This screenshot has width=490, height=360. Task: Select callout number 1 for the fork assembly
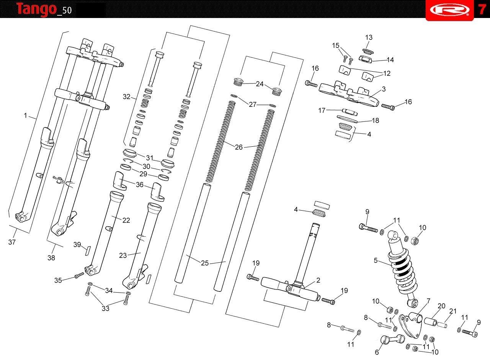pos(26,115)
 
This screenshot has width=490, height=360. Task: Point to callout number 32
pos(127,97)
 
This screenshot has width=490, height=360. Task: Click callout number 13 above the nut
pos(369,38)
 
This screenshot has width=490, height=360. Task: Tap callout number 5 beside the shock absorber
pos(376,260)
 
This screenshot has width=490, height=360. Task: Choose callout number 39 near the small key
pos(77,245)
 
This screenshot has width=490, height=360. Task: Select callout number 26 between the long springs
pos(239,147)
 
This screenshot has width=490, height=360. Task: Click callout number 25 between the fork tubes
pos(205,263)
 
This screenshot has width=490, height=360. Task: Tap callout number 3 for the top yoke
pos(384,89)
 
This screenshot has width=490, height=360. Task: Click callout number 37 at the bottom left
pos(12,242)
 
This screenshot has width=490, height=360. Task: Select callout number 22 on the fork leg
pos(126,220)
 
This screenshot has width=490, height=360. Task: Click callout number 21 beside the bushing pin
pos(453,311)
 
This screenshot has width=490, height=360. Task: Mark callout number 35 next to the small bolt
pos(58,280)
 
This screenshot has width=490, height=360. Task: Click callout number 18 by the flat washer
pos(376,120)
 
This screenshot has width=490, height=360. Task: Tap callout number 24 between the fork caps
pos(260,84)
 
